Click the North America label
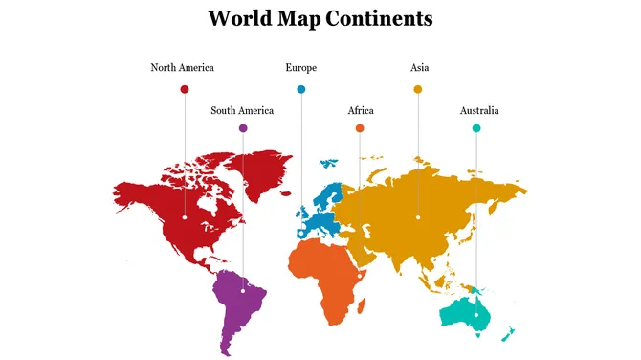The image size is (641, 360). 182,68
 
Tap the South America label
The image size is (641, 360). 242,111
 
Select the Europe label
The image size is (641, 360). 300,68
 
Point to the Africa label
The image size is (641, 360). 361,111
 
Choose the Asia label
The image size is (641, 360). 419,68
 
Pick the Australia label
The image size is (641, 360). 478,111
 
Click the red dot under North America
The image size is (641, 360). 185,89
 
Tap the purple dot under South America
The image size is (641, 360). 243,128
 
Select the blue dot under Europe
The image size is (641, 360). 301,89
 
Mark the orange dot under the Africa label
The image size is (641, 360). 360,128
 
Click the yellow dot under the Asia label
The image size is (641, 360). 418,89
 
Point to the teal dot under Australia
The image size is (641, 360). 476,128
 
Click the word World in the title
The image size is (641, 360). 236,18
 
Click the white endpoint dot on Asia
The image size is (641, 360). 418,217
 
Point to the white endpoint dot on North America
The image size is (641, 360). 185,217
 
